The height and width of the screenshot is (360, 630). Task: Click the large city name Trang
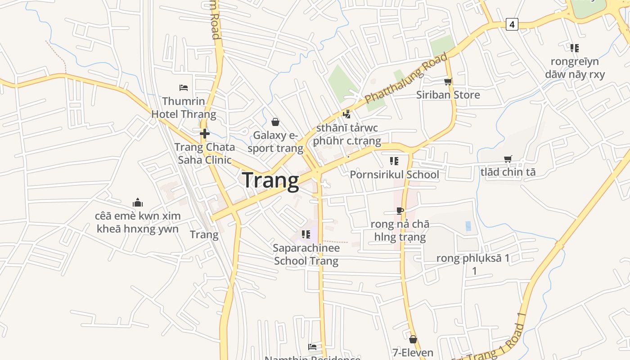(x=270, y=181)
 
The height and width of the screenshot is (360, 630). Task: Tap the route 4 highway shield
(x=512, y=24)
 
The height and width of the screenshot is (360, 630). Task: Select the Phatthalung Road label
(x=406, y=78)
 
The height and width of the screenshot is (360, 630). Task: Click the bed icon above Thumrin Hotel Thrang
(x=184, y=87)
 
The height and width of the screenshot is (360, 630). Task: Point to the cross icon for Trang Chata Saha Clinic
(x=205, y=133)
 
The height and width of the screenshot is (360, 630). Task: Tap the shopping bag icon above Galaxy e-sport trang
(x=275, y=122)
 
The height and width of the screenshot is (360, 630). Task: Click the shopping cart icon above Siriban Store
(x=448, y=81)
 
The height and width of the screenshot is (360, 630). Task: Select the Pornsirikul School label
(x=394, y=175)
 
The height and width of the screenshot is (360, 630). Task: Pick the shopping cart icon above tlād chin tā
(x=508, y=159)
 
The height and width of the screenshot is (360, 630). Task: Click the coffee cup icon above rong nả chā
(x=400, y=211)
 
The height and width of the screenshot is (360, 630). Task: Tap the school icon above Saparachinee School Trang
(x=306, y=234)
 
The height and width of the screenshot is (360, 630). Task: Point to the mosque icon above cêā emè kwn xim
(x=137, y=202)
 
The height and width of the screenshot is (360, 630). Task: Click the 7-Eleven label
(x=413, y=352)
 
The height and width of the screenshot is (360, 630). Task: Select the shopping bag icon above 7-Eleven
(x=413, y=339)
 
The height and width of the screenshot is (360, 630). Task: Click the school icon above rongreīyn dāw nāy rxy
(x=574, y=48)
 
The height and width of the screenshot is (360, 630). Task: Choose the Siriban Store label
(x=448, y=95)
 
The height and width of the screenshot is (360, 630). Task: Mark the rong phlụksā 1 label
(x=473, y=258)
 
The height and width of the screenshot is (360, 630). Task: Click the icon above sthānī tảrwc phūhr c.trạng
(x=346, y=114)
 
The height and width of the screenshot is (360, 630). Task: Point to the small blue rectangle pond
(x=468, y=226)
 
